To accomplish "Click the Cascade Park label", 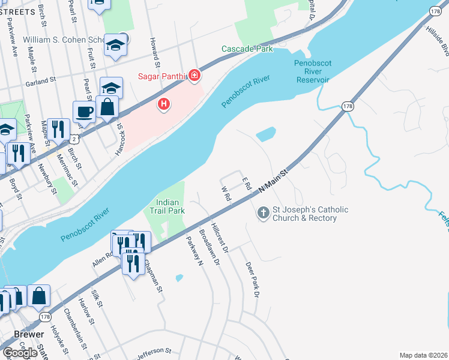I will point(247,49).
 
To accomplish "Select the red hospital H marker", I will point(163,105).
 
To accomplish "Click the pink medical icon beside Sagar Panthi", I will point(194,75).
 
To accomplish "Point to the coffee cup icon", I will point(84,111).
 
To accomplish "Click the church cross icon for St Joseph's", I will point(263,212).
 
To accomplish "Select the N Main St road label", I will point(274,180).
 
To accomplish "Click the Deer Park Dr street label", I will point(252,280).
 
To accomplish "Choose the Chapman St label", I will point(152,275).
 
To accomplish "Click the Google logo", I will point(20,353).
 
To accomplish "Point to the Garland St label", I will point(40,78).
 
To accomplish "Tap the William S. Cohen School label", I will point(65,40).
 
